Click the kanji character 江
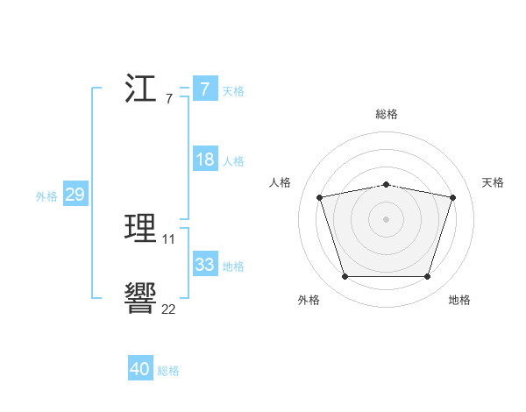141,89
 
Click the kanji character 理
141,228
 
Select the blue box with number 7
204,89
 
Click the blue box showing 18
204,160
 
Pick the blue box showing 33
204,265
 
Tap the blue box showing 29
75,195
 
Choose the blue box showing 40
140,369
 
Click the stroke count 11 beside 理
169,239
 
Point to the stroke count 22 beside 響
168,309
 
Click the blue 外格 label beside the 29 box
46,196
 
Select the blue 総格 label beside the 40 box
168,371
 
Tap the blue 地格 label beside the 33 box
233,266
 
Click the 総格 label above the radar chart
387,114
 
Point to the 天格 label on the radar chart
494,182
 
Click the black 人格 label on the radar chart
281,182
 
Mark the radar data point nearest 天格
452,197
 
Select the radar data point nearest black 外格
345,277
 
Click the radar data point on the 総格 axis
387,184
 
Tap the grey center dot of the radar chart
387,219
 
